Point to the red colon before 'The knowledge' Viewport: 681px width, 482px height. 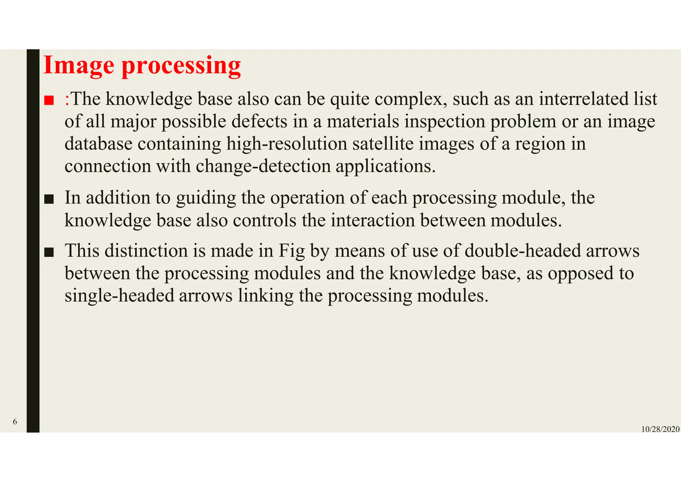tap(67, 100)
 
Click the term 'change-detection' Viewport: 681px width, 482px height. tap(263, 166)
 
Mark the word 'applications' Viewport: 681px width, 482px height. tap(385, 166)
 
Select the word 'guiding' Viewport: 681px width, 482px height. tap(206, 198)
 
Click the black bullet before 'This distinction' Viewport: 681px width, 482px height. tap(49, 252)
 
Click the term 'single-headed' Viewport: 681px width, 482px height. tap(119, 296)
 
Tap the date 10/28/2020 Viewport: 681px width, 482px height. tap(660, 429)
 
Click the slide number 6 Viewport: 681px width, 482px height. tap(15, 422)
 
